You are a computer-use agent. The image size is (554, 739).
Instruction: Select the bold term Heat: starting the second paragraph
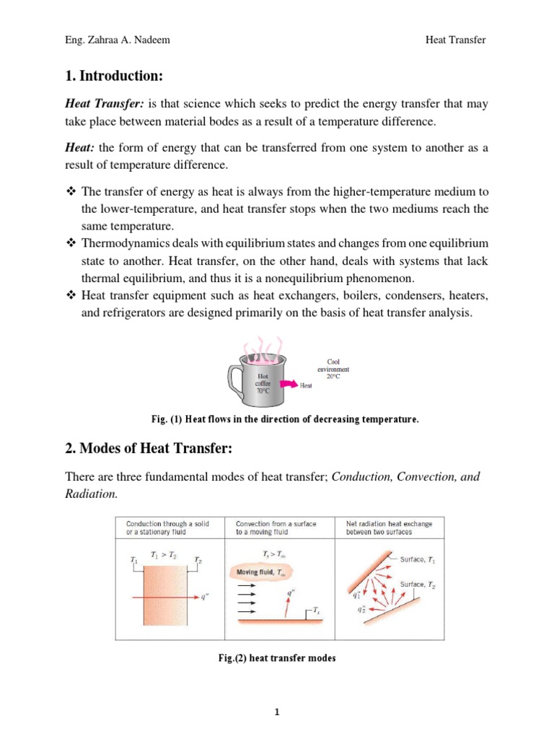[81, 148]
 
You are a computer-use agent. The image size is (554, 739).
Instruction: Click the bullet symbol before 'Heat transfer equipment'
[71, 297]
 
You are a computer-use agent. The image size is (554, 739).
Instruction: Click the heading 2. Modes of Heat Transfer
[149, 450]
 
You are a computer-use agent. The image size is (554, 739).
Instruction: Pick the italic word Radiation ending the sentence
[90, 494]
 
